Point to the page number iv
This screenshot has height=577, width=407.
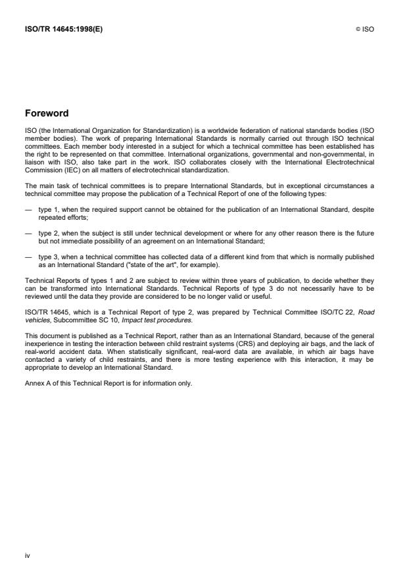click(x=27, y=555)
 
